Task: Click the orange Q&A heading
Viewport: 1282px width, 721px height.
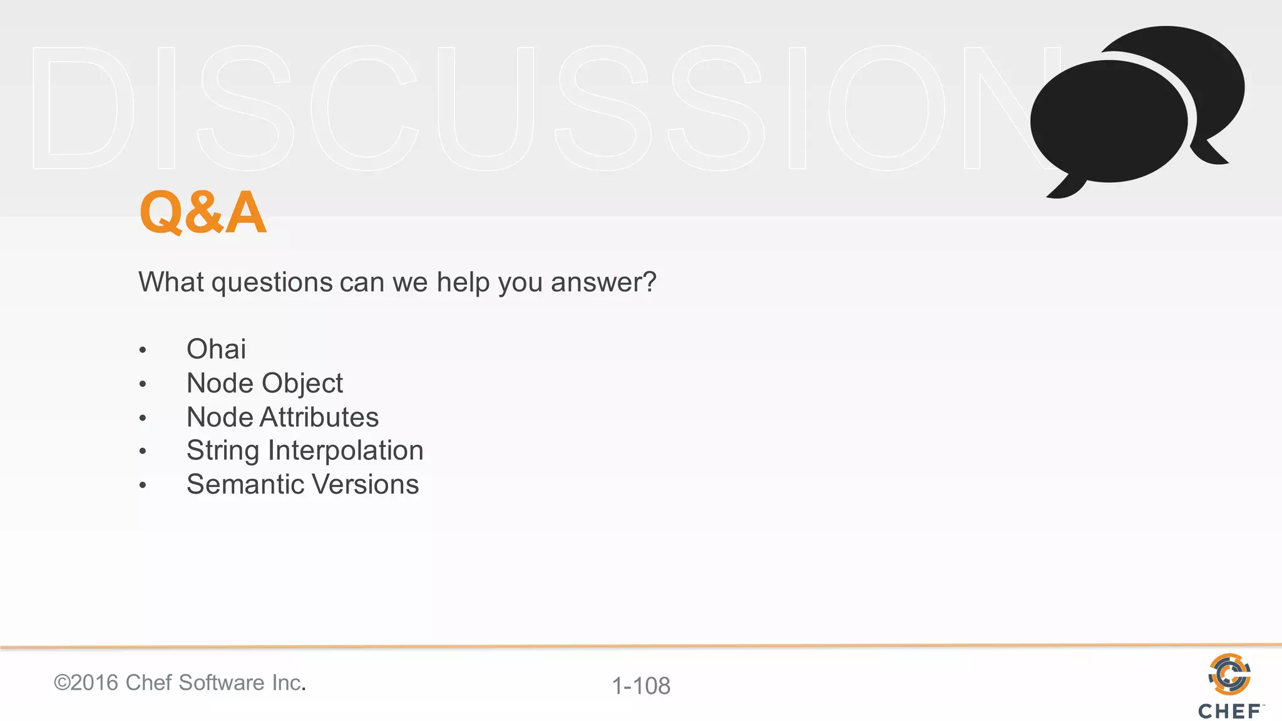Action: click(203, 213)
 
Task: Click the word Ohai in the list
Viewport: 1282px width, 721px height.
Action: click(216, 349)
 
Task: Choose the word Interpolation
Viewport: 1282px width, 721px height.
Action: click(346, 451)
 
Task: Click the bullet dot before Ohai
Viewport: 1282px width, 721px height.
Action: click(143, 350)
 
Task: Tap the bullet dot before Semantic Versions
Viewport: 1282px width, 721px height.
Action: click(143, 486)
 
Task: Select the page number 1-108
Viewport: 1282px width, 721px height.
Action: click(641, 686)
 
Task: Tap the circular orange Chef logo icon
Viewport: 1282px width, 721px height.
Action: click(1229, 674)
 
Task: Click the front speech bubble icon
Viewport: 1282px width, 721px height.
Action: click(1108, 122)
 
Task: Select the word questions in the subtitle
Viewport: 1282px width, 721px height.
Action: click(272, 283)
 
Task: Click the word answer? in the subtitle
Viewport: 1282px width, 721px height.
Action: click(603, 283)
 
